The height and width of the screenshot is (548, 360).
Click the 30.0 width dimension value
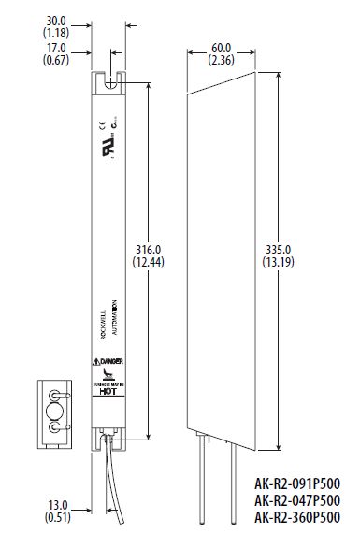(56, 18)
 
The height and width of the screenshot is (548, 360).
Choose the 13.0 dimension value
(56, 505)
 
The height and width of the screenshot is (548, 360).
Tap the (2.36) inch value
(222, 62)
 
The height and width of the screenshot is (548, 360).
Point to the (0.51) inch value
(56, 518)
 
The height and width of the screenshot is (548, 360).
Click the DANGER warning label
(108, 362)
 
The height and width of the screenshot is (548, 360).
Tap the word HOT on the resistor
(108, 394)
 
